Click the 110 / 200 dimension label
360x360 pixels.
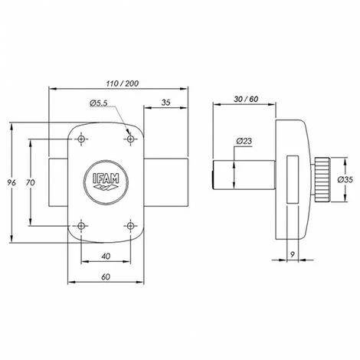click(x=123, y=83)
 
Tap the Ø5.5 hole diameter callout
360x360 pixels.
click(x=99, y=103)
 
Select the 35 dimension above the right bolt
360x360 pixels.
click(x=165, y=103)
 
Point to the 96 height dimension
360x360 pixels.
click(x=11, y=182)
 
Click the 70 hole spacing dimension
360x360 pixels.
click(x=31, y=182)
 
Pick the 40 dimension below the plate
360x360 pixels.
click(x=106, y=256)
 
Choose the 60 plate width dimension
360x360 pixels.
click(x=106, y=277)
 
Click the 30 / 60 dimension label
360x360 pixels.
click(x=246, y=99)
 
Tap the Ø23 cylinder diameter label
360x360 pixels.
click(x=244, y=141)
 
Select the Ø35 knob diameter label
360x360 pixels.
click(x=345, y=180)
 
